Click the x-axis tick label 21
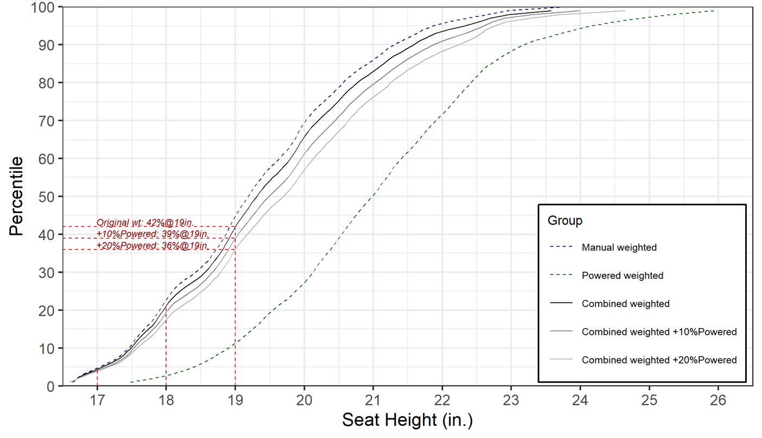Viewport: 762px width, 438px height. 373,401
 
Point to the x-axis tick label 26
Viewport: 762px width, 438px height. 718,401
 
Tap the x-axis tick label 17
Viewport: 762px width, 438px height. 97,401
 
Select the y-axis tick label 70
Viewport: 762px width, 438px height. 47,121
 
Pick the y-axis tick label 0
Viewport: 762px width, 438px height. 51,386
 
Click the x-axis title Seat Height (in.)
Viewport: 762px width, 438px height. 407,420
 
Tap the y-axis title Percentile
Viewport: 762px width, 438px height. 16,196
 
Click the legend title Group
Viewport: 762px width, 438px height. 564,221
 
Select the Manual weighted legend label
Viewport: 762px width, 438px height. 619,248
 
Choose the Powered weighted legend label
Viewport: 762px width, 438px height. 622,276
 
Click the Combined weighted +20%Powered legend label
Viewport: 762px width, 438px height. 659,360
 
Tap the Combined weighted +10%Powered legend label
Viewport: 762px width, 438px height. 659,332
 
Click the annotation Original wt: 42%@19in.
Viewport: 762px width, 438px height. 145,223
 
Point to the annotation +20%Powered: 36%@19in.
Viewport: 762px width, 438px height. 153,246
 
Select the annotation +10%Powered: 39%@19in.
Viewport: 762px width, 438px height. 153,234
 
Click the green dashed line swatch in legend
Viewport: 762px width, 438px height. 561,276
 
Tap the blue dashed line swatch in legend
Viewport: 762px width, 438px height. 561,248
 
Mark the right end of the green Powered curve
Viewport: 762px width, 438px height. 714,11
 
